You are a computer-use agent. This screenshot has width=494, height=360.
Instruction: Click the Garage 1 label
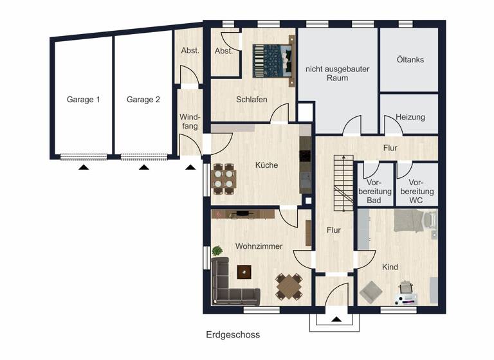point(83,100)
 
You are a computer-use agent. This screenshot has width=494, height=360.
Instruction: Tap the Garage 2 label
point(143,100)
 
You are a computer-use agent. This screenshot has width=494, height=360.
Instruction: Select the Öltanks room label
point(410,60)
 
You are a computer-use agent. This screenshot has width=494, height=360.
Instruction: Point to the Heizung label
point(410,118)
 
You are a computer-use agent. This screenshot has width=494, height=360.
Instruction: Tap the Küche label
point(266,165)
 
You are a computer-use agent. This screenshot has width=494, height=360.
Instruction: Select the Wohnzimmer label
point(259,246)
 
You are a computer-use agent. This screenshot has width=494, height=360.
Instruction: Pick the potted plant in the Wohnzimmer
point(217,250)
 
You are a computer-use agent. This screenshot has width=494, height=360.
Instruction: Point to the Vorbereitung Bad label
point(374,192)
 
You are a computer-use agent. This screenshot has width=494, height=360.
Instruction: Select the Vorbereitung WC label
point(421,192)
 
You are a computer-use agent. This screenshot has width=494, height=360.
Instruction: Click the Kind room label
point(390,267)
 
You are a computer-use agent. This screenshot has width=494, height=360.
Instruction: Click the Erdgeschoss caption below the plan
point(233,335)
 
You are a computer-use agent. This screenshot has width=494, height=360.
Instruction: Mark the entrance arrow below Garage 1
point(84,167)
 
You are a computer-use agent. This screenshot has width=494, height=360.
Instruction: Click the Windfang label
point(190,122)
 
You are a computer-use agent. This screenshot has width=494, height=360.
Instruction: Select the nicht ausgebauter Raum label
point(337,73)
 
